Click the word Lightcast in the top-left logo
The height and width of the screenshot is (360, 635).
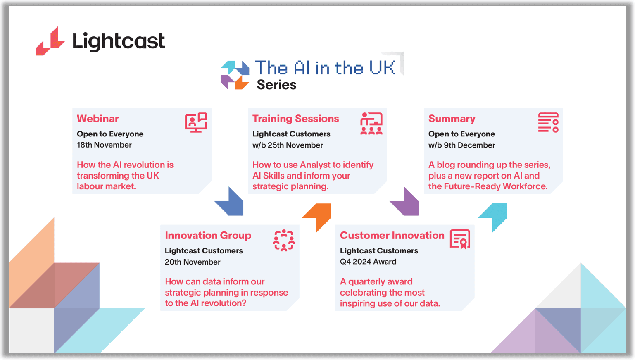[119, 42]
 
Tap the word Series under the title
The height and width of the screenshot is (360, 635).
[276, 85]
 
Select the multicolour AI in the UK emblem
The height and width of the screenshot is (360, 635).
[235, 75]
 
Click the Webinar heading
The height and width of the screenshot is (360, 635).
[98, 119]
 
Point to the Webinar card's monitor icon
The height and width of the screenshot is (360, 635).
[196, 122]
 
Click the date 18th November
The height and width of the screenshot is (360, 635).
[105, 145]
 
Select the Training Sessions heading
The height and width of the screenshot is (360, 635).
[296, 119]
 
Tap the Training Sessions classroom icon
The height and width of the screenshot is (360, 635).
[371, 124]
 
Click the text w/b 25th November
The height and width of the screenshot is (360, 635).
[288, 145]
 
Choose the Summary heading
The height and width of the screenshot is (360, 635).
[452, 119]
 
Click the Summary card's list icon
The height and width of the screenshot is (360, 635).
[548, 123]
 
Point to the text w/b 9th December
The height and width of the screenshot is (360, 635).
[462, 145]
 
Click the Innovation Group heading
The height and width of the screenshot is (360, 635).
[208, 236]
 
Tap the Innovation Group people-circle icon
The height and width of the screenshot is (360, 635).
[284, 241]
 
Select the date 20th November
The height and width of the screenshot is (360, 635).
[193, 262]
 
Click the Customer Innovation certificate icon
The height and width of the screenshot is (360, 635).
[460, 239]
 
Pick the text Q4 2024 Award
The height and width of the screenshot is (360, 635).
[368, 262]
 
